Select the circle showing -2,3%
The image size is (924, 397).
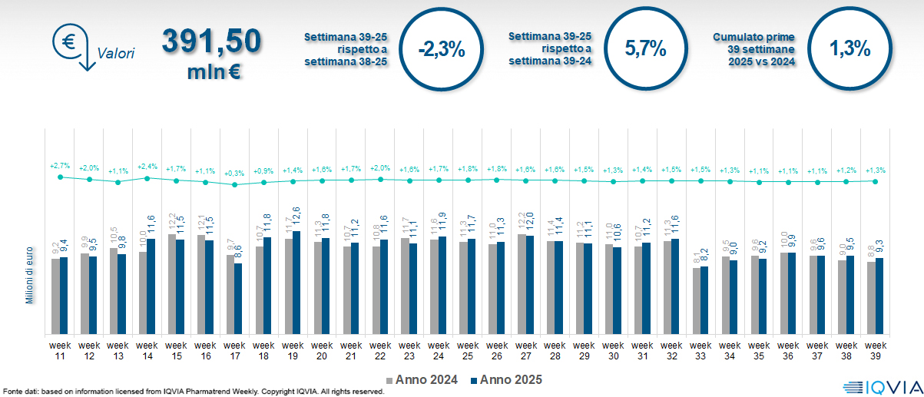(x=441, y=50)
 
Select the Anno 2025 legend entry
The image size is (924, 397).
(x=507, y=379)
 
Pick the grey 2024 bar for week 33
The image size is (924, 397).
(x=697, y=301)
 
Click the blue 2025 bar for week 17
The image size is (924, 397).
(x=238, y=299)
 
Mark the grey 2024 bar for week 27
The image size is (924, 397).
(x=522, y=284)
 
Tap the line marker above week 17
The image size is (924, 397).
(x=234, y=184)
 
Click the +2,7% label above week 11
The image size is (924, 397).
(x=60, y=165)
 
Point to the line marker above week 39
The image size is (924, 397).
(x=875, y=181)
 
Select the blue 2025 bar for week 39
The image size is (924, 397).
(x=879, y=296)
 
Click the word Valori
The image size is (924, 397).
(x=116, y=54)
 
